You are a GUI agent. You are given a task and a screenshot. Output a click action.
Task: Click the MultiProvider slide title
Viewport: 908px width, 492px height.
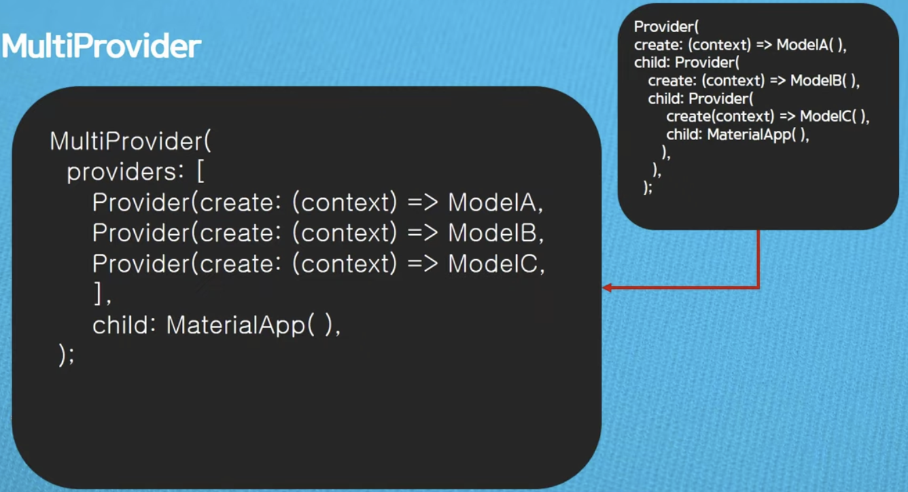click(x=101, y=46)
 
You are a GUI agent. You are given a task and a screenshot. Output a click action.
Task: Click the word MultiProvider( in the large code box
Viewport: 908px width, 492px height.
click(x=131, y=141)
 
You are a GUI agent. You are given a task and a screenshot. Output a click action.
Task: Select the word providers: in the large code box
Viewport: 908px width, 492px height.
click(x=122, y=171)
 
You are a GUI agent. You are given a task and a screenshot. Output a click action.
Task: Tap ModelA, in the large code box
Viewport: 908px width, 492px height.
click(x=496, y=202)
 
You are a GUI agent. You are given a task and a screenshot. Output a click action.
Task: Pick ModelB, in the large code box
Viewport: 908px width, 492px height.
click(x=496, y=233)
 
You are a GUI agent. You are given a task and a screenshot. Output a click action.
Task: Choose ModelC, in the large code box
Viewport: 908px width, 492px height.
click(x=496, y=263)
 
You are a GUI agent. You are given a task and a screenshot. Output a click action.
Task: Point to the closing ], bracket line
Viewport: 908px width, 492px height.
click(x=102, y=295)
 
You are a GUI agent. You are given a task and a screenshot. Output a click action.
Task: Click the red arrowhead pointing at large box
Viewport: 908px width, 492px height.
click(x=607, y=287)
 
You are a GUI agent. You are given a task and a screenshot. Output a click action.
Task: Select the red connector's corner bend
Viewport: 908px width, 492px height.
click(x=758, y=287)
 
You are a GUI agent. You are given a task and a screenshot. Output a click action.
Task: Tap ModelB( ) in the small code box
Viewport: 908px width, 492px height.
click(x=825, y=80)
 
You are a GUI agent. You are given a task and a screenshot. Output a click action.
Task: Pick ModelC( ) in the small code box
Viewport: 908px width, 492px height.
click(x=834, y=116)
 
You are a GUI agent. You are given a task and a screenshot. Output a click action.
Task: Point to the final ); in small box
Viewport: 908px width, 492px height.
click(x=648, y=188)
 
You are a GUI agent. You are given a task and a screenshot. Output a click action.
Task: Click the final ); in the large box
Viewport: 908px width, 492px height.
click(x=67, y=355)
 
